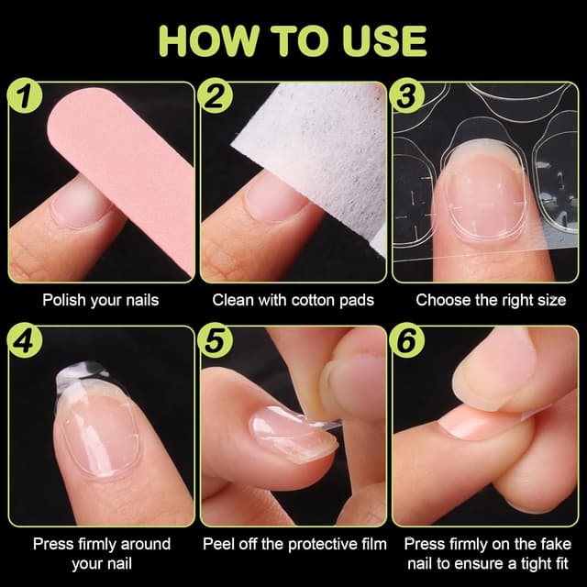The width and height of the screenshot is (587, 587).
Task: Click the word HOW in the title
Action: [210, 39]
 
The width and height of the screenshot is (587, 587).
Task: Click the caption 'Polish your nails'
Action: [101, 300]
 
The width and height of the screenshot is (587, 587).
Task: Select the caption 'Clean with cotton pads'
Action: [293, 300]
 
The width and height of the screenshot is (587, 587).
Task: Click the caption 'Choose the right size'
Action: [491, 300]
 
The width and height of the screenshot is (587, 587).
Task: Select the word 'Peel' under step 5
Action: [218, 544]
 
